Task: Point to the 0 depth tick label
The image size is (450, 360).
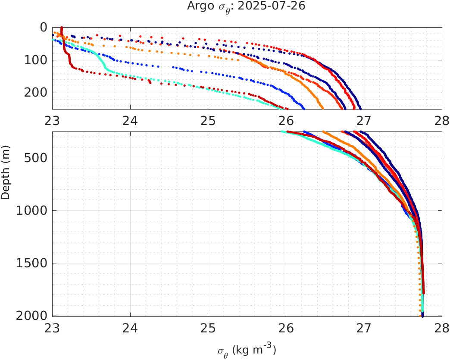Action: coord(44,28)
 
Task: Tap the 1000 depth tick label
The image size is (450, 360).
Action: coord(32,211)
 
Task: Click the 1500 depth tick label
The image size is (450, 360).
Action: coord(32,263)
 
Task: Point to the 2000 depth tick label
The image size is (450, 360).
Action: coord(32,316)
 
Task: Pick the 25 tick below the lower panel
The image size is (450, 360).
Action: coord(208,329)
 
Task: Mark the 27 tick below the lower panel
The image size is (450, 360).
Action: coord(364,329)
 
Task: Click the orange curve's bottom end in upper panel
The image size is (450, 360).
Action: coord(322,107)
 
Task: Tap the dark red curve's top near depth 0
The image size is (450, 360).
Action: coord(62,28)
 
